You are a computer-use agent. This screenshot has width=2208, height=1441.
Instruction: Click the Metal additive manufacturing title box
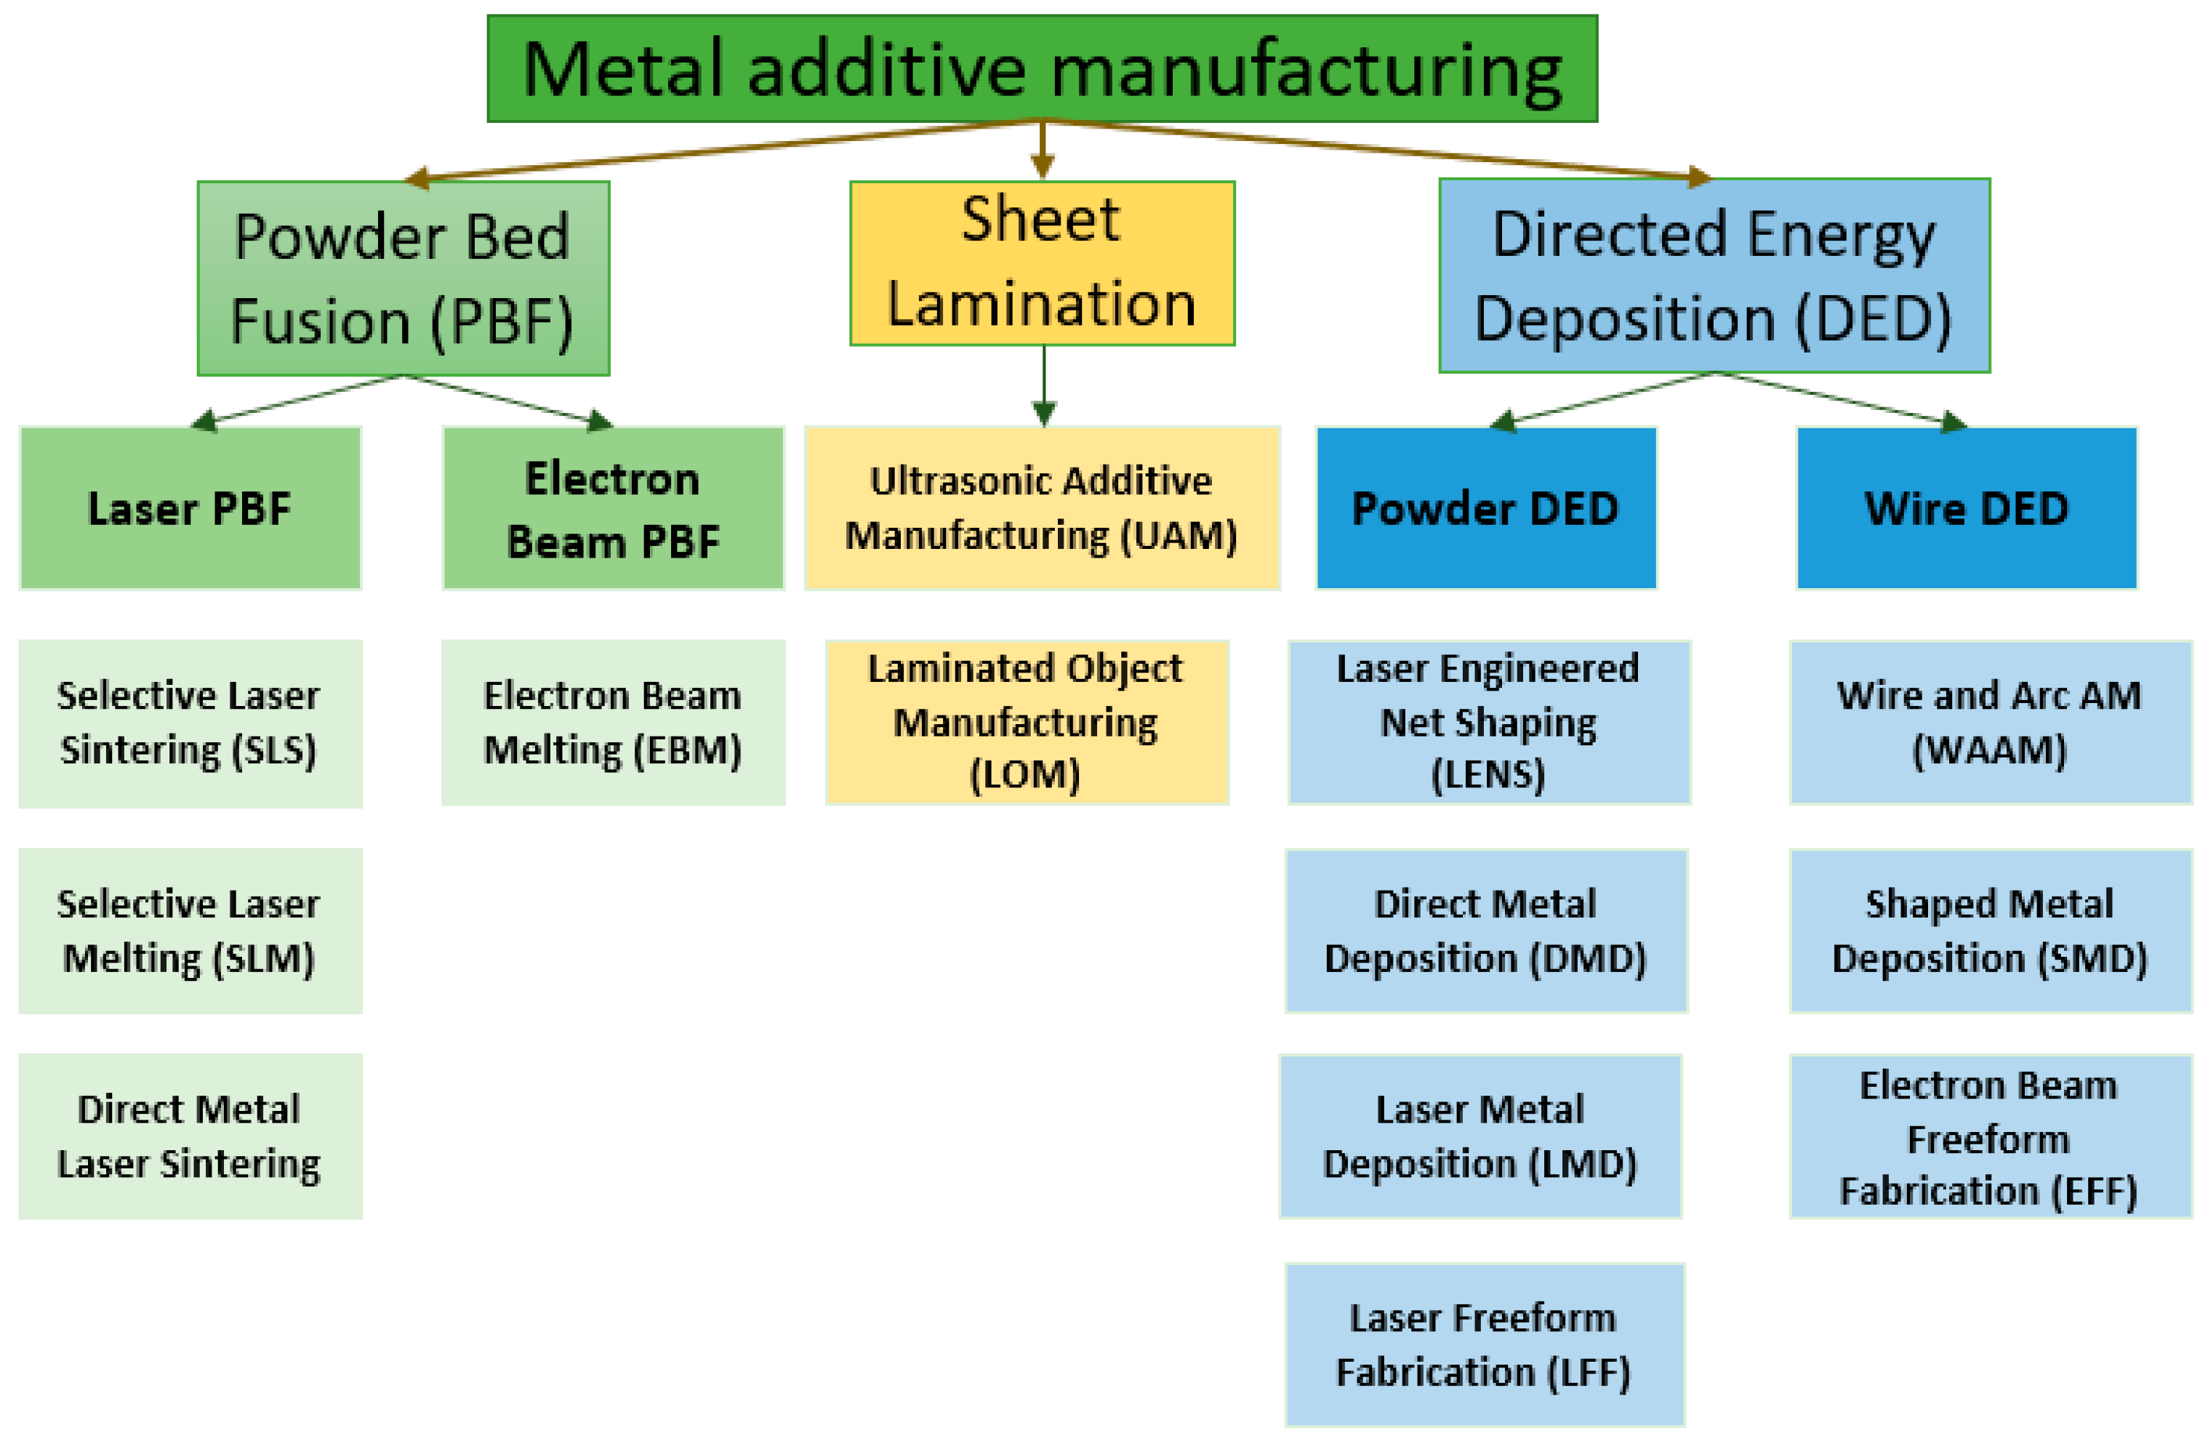[x=1042, y=68]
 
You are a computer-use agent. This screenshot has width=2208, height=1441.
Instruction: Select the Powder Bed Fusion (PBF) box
[x=404, y=278]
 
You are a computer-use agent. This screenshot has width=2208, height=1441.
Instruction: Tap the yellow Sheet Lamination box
[x=1042, y=263]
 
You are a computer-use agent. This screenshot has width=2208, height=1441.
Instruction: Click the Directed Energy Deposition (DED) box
[x=1714, y=276]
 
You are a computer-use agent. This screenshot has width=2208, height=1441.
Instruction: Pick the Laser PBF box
[x=190, y=507]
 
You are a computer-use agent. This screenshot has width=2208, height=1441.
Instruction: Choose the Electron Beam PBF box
[x=613, y=507]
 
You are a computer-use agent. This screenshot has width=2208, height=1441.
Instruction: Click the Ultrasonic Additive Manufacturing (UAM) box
[x=1042, y=507]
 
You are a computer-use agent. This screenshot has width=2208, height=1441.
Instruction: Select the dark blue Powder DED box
[x=1485, y=507]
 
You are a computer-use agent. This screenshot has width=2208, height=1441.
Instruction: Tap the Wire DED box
[x=1967, y=507]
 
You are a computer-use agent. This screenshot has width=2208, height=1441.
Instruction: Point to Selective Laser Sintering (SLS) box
[x=190, y=723]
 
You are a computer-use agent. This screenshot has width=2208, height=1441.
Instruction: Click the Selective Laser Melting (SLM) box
[x=190, y=931]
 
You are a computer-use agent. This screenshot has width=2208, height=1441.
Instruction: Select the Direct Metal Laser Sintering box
[x=190, y=1136]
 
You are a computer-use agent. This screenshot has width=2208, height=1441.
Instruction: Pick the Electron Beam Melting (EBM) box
[x=613, y=723]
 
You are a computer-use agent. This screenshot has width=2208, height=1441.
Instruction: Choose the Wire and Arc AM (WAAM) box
[x=1990, y=722]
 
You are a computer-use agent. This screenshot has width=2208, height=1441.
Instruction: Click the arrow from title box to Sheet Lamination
[x=1043, y=148]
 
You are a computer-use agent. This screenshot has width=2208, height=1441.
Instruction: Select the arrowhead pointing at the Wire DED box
[x=1952, y=422]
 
